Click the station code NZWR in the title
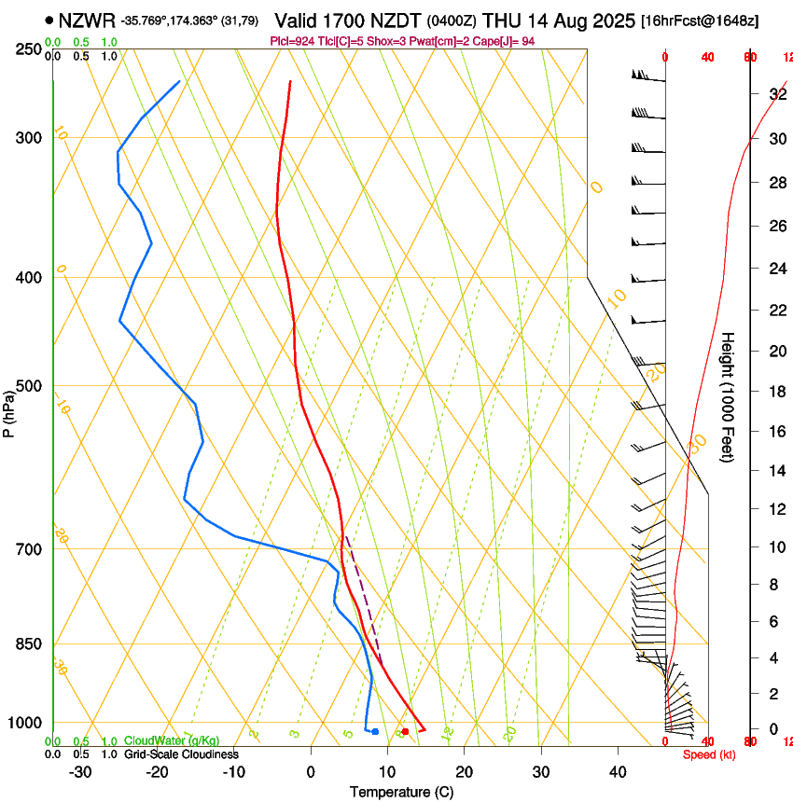(x=86, y=21)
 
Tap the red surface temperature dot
(x=405, y=731)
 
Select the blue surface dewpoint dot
(x=375, y=731)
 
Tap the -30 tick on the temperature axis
(x=80, y=771)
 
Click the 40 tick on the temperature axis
(x=618, y=771)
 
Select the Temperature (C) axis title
(x=401, y=792)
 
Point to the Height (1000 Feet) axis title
(x=728, y=396)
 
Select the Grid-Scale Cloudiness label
(x=181, y=754)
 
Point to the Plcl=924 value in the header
(x=293, y=41)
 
